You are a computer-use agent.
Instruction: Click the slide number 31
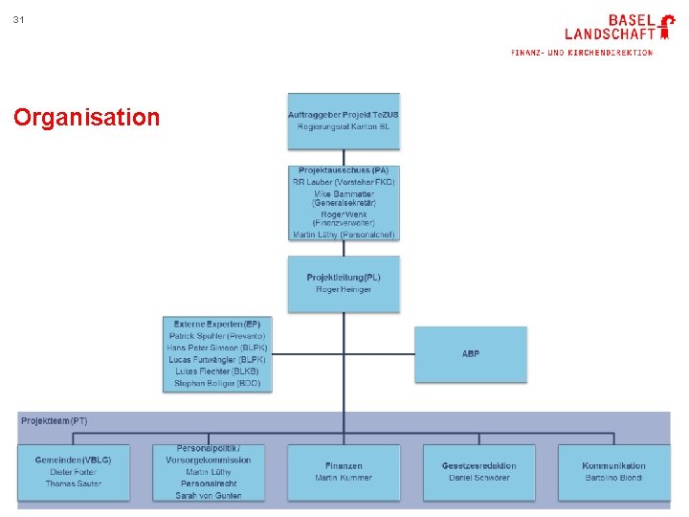19,20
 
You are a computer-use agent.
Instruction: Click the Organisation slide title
87,118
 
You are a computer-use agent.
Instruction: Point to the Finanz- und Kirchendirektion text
582,53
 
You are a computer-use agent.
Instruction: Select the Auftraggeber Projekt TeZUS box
344,121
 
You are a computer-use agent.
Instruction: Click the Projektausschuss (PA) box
344,202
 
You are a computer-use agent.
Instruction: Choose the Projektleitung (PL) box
344,283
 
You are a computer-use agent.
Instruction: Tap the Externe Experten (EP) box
217,353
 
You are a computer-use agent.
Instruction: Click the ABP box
470,354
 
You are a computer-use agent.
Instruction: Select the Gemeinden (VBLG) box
73,472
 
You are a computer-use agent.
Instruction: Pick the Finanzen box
344,472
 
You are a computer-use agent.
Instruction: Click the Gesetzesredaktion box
478,472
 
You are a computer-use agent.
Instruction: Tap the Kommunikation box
613,472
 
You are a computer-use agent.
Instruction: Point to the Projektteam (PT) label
54,421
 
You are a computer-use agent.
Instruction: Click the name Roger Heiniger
344,289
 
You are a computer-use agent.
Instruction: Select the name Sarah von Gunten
208,496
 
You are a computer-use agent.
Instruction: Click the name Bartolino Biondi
613,478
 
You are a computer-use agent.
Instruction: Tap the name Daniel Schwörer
478,478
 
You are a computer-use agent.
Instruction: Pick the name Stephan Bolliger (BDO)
217,383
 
